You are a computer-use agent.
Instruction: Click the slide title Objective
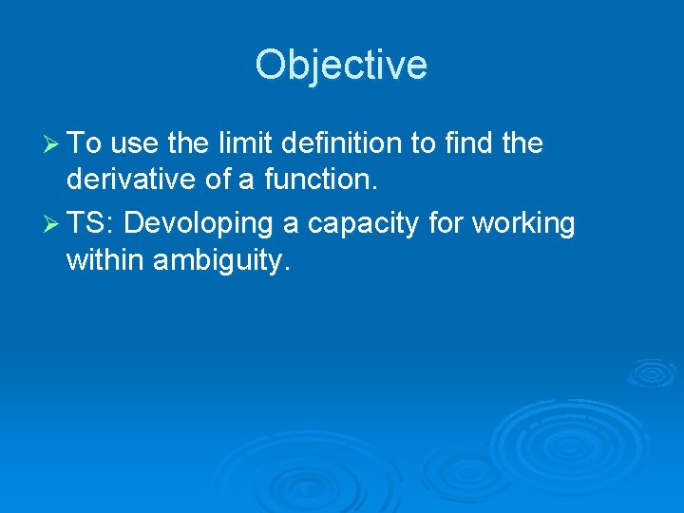(341, 66)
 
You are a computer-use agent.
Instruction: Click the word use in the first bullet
(134, 144)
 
